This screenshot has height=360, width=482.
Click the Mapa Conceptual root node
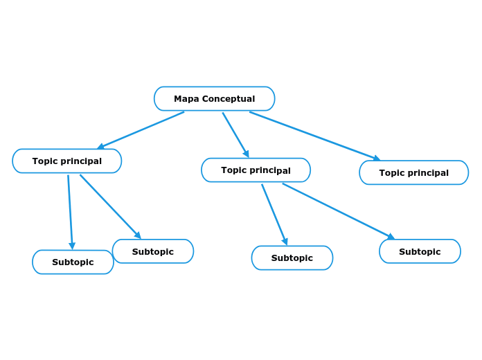click(214, 99)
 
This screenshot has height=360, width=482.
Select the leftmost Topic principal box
click(66, 161)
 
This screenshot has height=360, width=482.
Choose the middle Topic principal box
click(256, 170)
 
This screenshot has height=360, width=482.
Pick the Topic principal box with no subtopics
click(413, 173)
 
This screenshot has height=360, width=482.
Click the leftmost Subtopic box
click(73, 262)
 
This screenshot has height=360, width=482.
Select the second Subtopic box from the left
click(152, 251)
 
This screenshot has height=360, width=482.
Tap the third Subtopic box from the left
click(292, 258)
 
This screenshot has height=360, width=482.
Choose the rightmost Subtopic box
click(420, 251)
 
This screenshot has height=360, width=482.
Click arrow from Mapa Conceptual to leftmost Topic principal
click(141, 130)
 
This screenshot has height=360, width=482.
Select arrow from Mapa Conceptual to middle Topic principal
click(235, 135)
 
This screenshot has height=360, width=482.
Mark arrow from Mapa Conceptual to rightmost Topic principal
click(315, 136)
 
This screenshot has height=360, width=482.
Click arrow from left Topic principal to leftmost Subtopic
click(70, 212)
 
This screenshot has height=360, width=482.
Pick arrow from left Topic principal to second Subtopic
click(110, 206)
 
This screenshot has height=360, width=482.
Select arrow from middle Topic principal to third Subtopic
click(274, 214)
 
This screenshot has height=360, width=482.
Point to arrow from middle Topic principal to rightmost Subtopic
click(338, 211)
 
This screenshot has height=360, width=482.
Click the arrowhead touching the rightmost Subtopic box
click(391, 237)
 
